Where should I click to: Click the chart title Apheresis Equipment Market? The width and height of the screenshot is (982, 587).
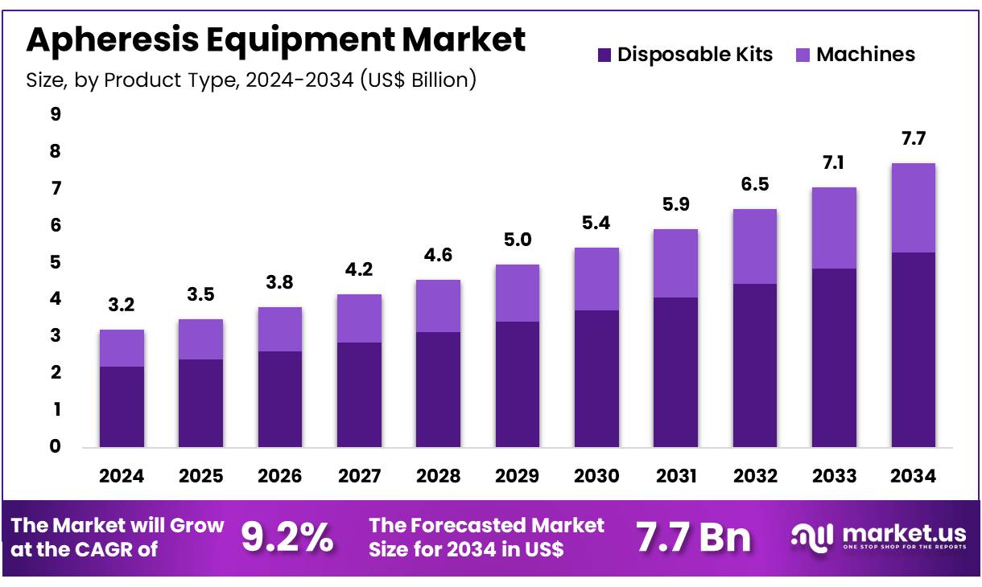pyautogui.click(x=276, y=39)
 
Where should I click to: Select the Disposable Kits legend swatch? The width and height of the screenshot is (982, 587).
pyautogui.click(x=604, y=55)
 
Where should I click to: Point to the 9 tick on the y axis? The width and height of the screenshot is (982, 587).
pyautogui.click(x=56, y=115)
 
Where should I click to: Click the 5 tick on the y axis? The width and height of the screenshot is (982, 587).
pyautogui.click(x=56, y=263)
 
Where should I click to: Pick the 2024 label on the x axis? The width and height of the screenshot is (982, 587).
pyautogui.click(x=122, y=476)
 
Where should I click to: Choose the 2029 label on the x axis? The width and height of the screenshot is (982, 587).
pyautogui.click(x=518, y=476)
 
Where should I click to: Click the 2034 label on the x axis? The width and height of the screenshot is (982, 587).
pyautogui.click(x=914, y=476)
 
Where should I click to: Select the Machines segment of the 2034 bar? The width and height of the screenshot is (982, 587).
pyautogui.click(x=914, y=207)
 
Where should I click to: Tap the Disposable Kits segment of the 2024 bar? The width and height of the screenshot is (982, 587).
pyautogui.click(x=122, y=406)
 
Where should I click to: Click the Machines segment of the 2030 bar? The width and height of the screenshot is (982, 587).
pyautogui.click(x=596, y=279)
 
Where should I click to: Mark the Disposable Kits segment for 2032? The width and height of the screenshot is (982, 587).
pyautogui.click(x=755, y=365)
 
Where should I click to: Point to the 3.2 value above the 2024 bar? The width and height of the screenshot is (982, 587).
pyautogui.click(x=122, y=306)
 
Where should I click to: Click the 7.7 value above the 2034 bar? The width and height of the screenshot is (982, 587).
pyautogui.click(x=914, y=139)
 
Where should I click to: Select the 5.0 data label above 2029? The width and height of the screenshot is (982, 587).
pyautogui.click(x=518, y=240)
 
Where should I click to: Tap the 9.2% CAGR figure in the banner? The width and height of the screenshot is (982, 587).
pyautogui.click(x=287, y=537)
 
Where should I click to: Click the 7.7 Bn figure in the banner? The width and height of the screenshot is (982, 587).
pyautogui.click(x=693, y=537)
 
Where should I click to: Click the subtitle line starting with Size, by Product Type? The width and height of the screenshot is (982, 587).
pyautogui.click(x=251, y=80)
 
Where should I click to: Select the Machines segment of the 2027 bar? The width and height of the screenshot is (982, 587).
pyautogui.click(x=359, y=318)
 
